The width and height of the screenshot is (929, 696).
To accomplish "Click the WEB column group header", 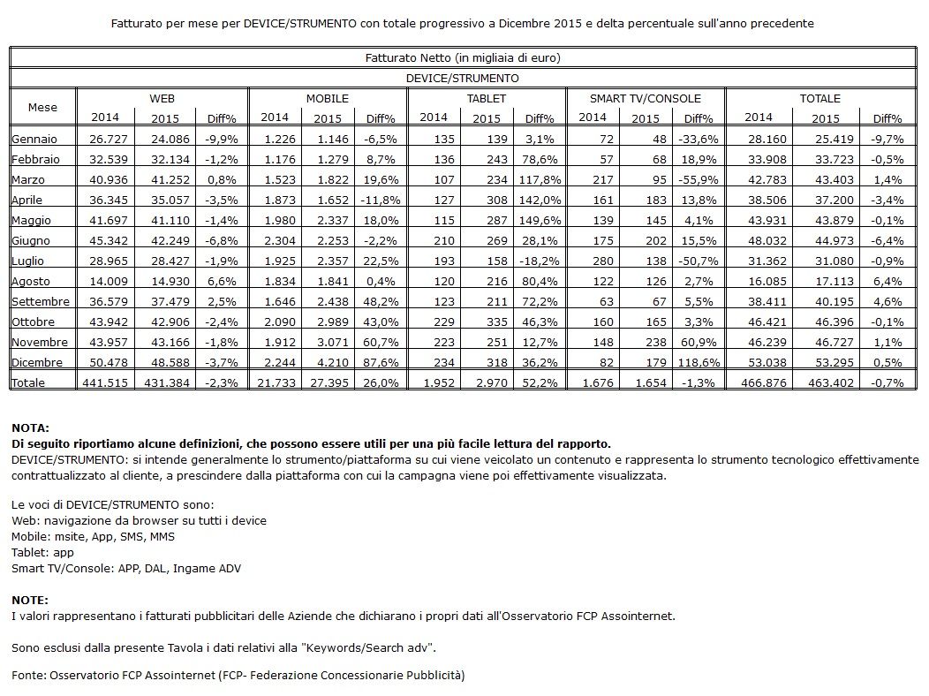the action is (x=162, y=98).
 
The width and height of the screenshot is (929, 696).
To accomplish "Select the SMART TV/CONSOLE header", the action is (x=646, y=98).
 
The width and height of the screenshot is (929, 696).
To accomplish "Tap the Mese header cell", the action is (x=42, y=107).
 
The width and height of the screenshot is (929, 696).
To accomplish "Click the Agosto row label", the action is (x=31, y=282).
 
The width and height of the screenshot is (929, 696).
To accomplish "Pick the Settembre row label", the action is (x=41, y=301).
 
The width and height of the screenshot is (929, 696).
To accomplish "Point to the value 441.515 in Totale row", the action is (x=105, y=382).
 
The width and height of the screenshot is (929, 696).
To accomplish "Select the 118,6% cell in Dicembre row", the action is (x=699, y=362).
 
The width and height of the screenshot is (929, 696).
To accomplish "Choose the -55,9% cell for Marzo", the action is (x=699, y=179).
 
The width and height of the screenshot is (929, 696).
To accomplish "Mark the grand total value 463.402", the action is (x=831, y=382).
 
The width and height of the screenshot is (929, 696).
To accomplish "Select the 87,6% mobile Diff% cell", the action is (x=381, y=362).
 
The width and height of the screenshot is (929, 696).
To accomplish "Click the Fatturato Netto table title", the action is (x=463, y=57).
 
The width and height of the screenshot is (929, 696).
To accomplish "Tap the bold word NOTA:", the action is (x=30, y=427).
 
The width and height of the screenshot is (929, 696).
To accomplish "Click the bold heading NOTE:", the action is (x=30, y=600).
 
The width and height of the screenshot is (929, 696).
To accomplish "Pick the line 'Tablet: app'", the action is (x=42, y=553).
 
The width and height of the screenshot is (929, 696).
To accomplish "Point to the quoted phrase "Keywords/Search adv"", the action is (x=367, y=647).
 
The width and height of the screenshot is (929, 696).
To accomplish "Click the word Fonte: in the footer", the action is (x=28, y=676).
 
